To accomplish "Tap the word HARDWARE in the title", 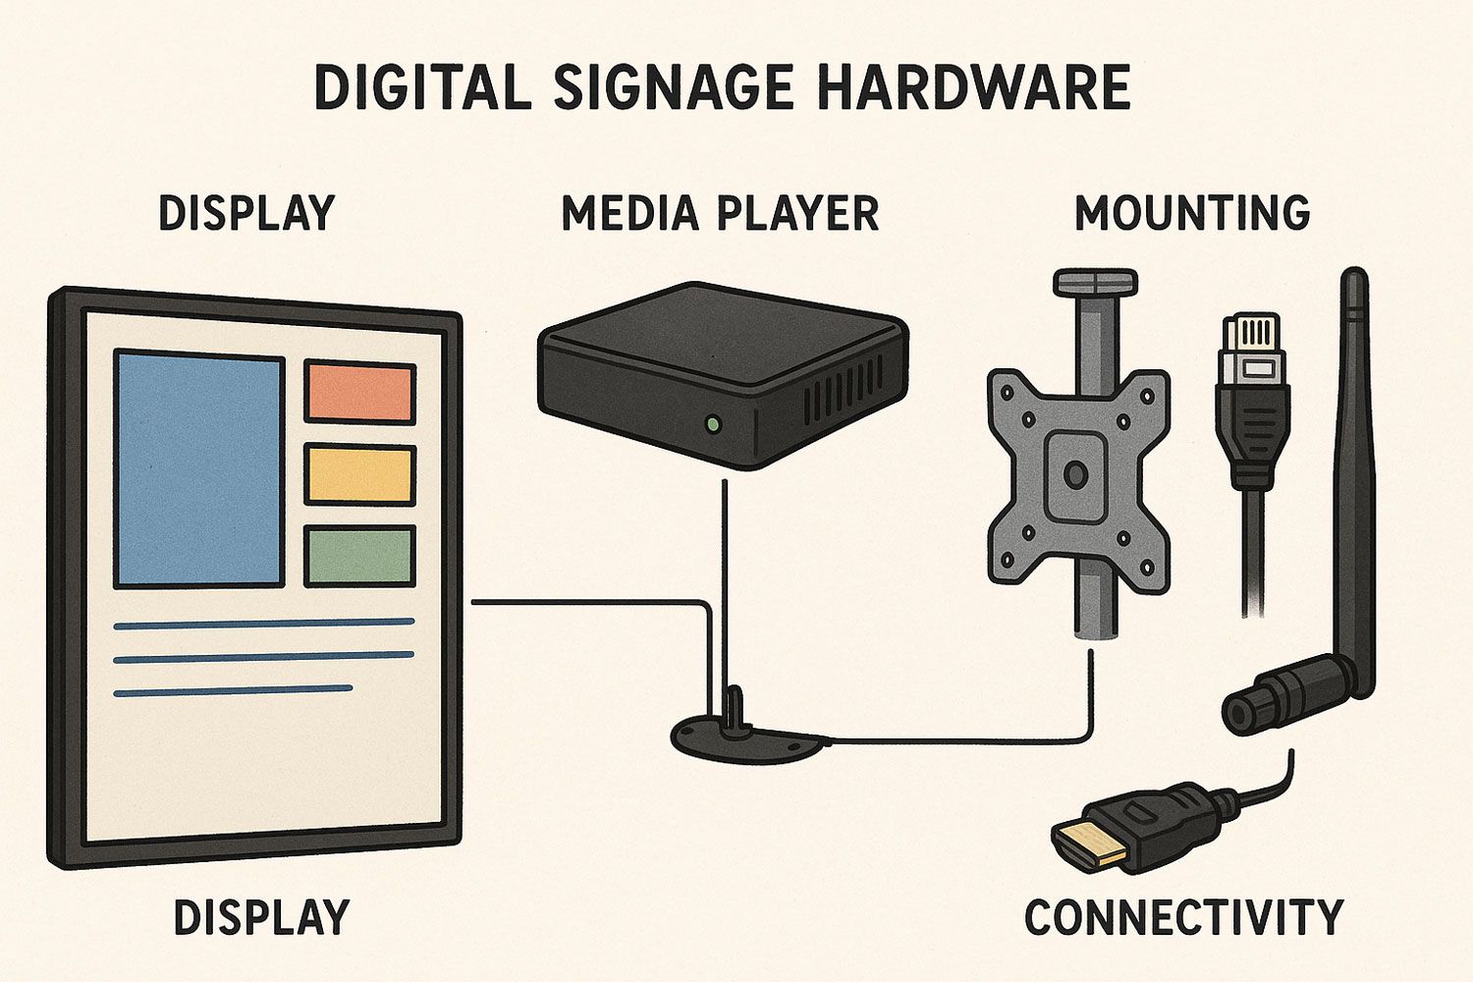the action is tap(974, 87).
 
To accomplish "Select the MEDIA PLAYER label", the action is tap(721, 213).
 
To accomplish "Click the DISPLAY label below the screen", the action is tap(261, 917).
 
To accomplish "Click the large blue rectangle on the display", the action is tap(199, 468).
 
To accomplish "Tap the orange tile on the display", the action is tap(359, 392).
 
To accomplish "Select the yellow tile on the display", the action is tap(359, 475).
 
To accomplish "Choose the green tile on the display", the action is tap(359, 557).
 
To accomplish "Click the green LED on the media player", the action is tap(712, 423).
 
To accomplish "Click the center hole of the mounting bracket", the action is tap(1075, 473).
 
